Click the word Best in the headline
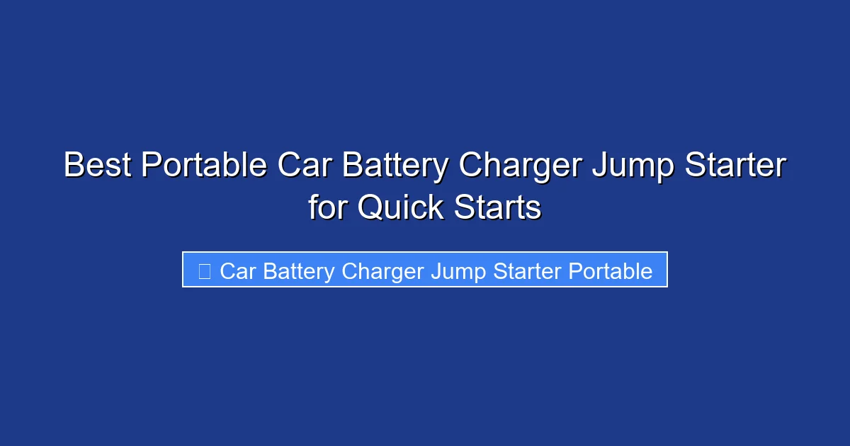[x=98, y=166]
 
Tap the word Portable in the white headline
[x=204, y=166]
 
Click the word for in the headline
[x=329, y=207]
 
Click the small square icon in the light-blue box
[x=205, y=270]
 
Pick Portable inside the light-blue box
[x=611, y=270]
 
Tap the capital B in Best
[x=73, y=166]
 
